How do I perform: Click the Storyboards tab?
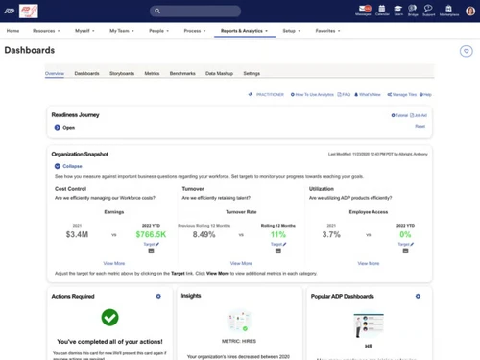(x=122, y=73)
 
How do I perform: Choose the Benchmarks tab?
(x=182, y=73)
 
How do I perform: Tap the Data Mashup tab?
(x=219, y=73)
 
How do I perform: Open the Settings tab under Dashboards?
(x=252, y=73)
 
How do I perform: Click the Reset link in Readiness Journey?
(x=420, y=126)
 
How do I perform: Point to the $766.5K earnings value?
(x=150, y=232)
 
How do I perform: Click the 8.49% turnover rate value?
(x=204, y=232)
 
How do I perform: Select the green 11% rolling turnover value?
(x=277, y=232)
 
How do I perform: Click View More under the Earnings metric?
(x=113, y=262)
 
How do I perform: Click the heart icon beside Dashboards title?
(x=467, y=50)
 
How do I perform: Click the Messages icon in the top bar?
(x=364, y=12)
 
